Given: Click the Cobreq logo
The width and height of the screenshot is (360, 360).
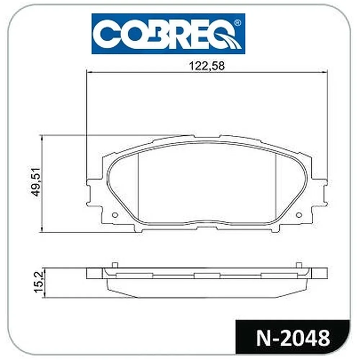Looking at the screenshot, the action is pos(168,34).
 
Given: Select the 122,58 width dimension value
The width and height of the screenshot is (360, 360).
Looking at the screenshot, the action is pos(207,66).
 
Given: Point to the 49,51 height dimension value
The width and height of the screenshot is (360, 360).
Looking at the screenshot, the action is pos(37,182).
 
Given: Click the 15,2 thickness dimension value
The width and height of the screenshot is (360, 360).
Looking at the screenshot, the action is pos(39,282).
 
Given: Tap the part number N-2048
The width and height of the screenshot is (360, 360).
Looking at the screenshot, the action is pos(293,338).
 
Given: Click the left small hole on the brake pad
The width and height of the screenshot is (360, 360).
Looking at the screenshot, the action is pos(115,215).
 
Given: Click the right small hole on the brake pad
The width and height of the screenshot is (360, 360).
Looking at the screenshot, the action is pos(299,215).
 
